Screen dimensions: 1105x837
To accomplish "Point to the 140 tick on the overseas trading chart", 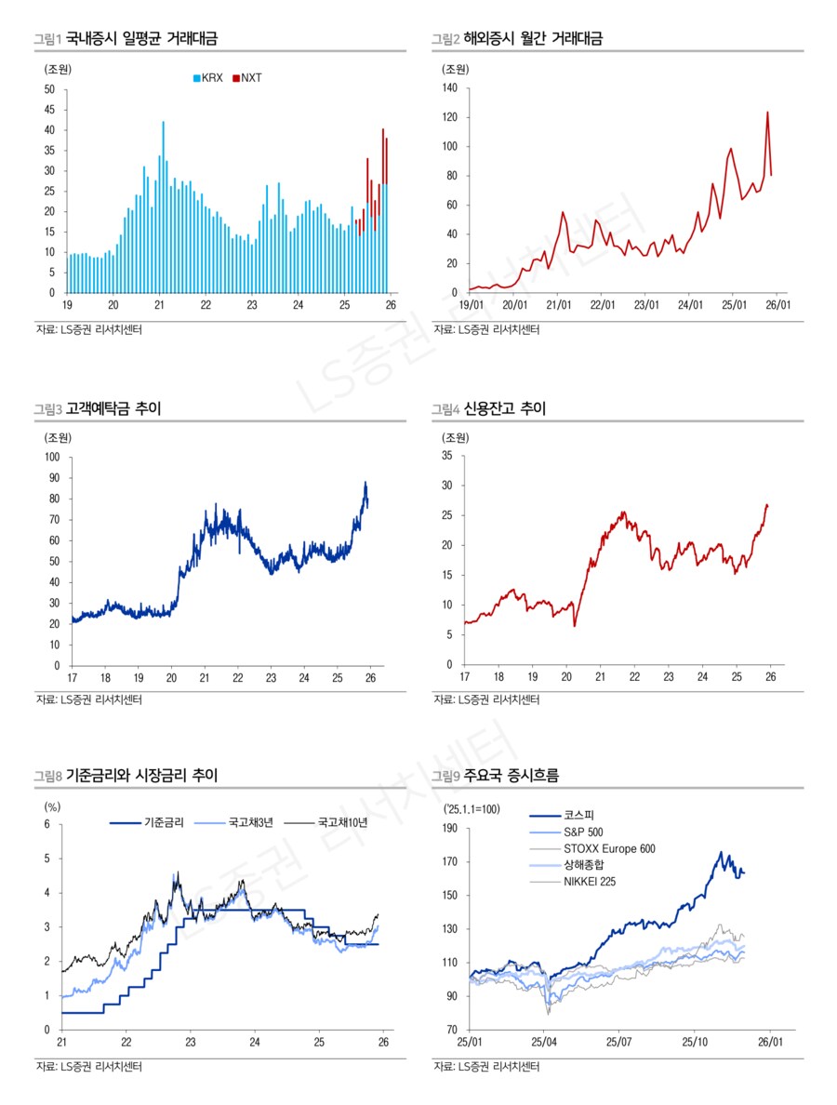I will tap(450, 88).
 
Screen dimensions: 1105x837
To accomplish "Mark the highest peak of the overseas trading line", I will tap(767, 113).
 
